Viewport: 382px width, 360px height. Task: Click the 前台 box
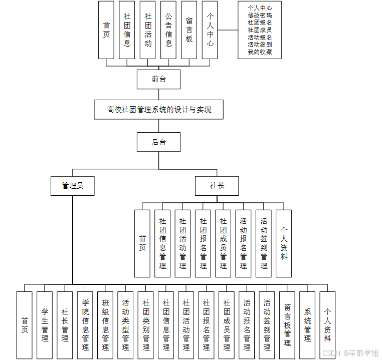158,79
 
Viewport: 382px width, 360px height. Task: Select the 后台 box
158,142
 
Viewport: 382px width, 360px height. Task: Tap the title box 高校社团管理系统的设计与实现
158,109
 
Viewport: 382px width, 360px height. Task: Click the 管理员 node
73,186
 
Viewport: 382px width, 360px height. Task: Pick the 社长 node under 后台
217,186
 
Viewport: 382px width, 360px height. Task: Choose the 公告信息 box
168,30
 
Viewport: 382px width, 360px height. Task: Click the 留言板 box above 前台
189,30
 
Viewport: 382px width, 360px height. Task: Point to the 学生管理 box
45,325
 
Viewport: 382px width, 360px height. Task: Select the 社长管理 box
65,325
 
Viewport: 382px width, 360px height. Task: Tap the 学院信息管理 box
85,325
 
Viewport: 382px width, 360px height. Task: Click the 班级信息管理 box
105,325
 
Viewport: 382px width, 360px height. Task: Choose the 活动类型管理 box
125,325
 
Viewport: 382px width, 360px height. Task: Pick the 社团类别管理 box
146,325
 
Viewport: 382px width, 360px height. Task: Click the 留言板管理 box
287,325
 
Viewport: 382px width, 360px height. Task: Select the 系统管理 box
307,325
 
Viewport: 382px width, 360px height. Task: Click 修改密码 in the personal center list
260,16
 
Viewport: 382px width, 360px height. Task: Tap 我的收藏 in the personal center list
260,52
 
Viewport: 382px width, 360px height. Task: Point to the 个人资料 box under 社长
284,243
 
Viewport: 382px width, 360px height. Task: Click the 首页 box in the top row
106,30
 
